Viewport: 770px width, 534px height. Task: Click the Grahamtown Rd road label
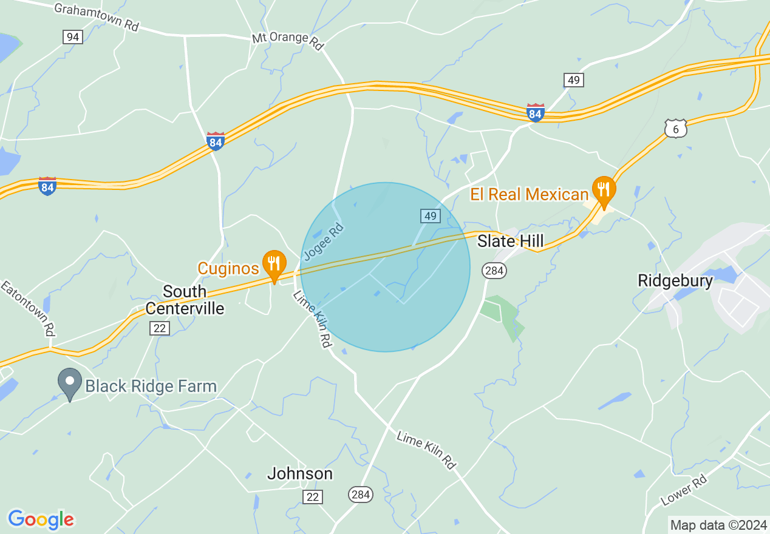96,18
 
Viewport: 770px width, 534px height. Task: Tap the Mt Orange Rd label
288,41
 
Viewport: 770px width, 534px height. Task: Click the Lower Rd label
684,490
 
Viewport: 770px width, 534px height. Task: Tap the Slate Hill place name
510,241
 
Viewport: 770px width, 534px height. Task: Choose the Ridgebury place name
675,281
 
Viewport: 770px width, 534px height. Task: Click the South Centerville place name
185,300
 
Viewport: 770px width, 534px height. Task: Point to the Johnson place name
300,473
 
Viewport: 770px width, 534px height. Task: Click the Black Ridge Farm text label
151,386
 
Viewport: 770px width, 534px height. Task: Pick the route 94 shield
73,37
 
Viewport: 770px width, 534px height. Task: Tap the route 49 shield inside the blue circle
430,216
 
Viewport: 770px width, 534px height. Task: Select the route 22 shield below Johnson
313,497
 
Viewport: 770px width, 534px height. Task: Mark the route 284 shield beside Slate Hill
494,271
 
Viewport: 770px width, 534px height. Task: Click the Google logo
41,519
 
